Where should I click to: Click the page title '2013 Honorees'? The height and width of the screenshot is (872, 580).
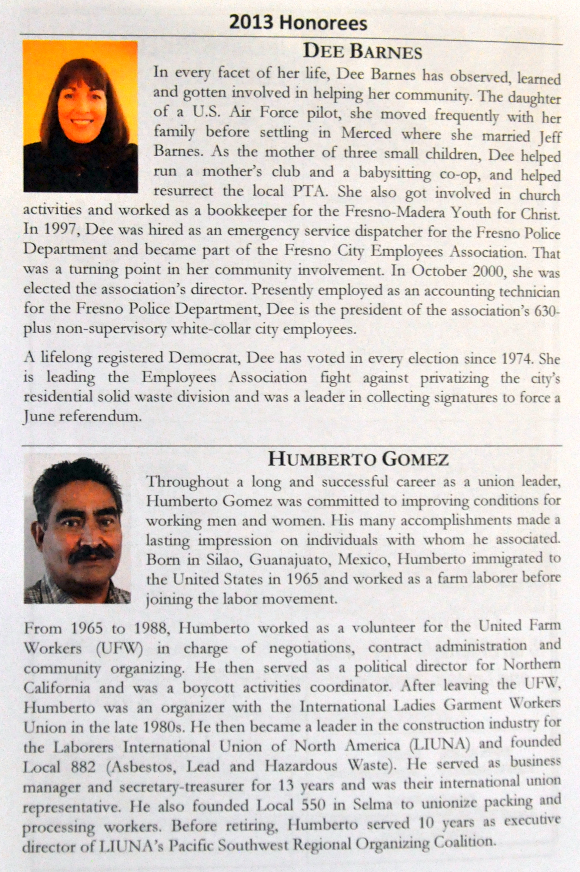(298, 23)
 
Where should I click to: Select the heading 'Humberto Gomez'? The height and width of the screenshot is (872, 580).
(358, 460)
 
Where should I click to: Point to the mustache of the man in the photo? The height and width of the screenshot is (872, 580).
(91, 554)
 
